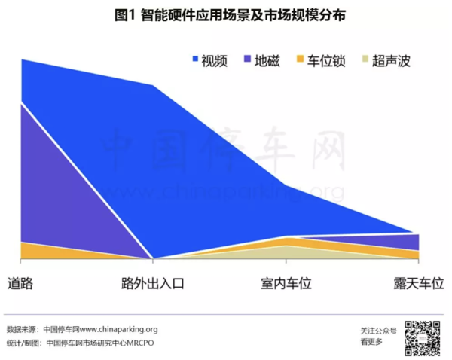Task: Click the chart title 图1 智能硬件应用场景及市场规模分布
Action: coord(226,16)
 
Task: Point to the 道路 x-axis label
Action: coord(20,284)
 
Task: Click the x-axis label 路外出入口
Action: coord(153,284)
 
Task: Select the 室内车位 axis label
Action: coord(286,284)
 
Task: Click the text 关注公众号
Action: coord(378,330)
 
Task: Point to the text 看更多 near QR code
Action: coord(371,343)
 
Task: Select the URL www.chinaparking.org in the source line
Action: coord(118,329)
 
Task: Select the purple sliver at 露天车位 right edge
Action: coord(411,241)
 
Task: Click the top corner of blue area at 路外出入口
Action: coord(154,85)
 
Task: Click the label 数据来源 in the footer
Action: coord(21,329)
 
